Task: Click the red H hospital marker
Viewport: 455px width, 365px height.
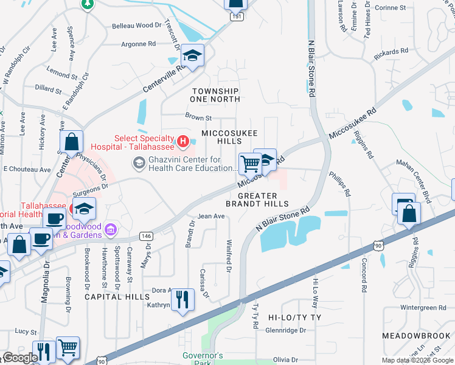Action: [182, 142]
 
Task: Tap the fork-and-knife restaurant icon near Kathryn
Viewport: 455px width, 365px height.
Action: [182, 299]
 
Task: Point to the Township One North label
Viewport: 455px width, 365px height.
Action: [214, 94]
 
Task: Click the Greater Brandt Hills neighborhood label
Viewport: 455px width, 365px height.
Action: [257, 200]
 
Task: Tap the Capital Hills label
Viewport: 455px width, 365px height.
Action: [117, 297]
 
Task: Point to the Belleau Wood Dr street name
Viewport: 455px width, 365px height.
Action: [136, 26]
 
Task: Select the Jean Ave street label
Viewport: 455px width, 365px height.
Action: [211, 216]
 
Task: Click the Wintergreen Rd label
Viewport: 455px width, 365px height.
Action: [429, 308]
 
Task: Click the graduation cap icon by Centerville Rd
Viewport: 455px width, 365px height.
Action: [192, 57]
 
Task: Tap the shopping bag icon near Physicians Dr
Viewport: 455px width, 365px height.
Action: [72, 143]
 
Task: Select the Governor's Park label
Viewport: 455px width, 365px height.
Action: [204, 359]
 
